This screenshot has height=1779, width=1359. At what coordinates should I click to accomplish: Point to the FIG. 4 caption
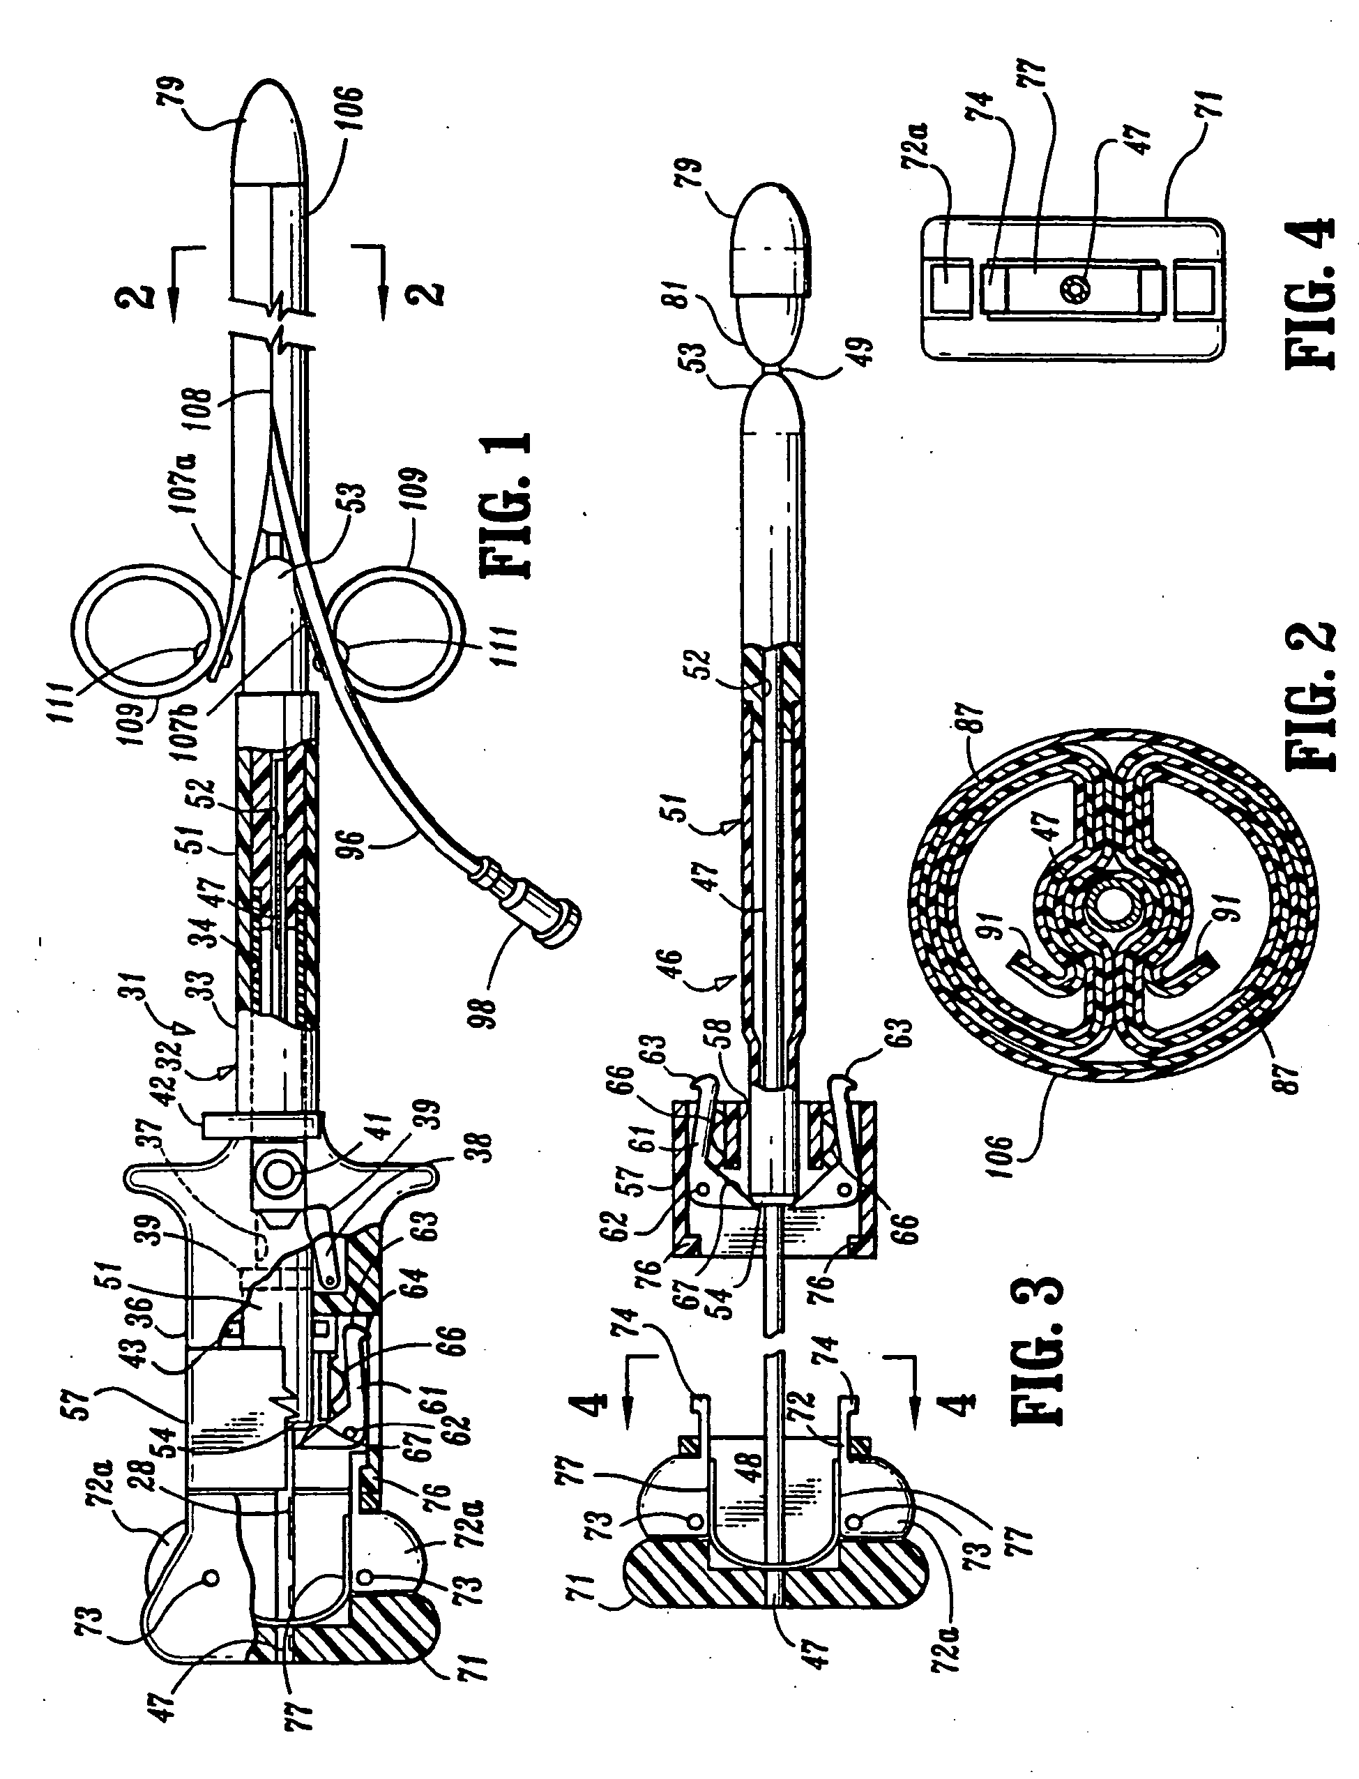click(x=1308, y=292)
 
